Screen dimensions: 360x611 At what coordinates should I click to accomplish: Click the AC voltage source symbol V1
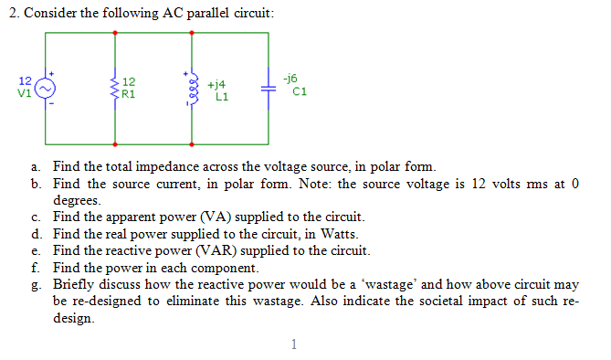coord(46,88)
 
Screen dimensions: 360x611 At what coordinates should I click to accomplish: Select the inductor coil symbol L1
coord(192,88)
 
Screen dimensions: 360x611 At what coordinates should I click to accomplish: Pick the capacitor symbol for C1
coord(268,89)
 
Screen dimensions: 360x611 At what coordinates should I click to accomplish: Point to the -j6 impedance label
coord(293,79)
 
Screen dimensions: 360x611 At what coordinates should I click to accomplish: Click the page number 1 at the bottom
coord(294,344)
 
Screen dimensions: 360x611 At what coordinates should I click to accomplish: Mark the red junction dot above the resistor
coord(115,33)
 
